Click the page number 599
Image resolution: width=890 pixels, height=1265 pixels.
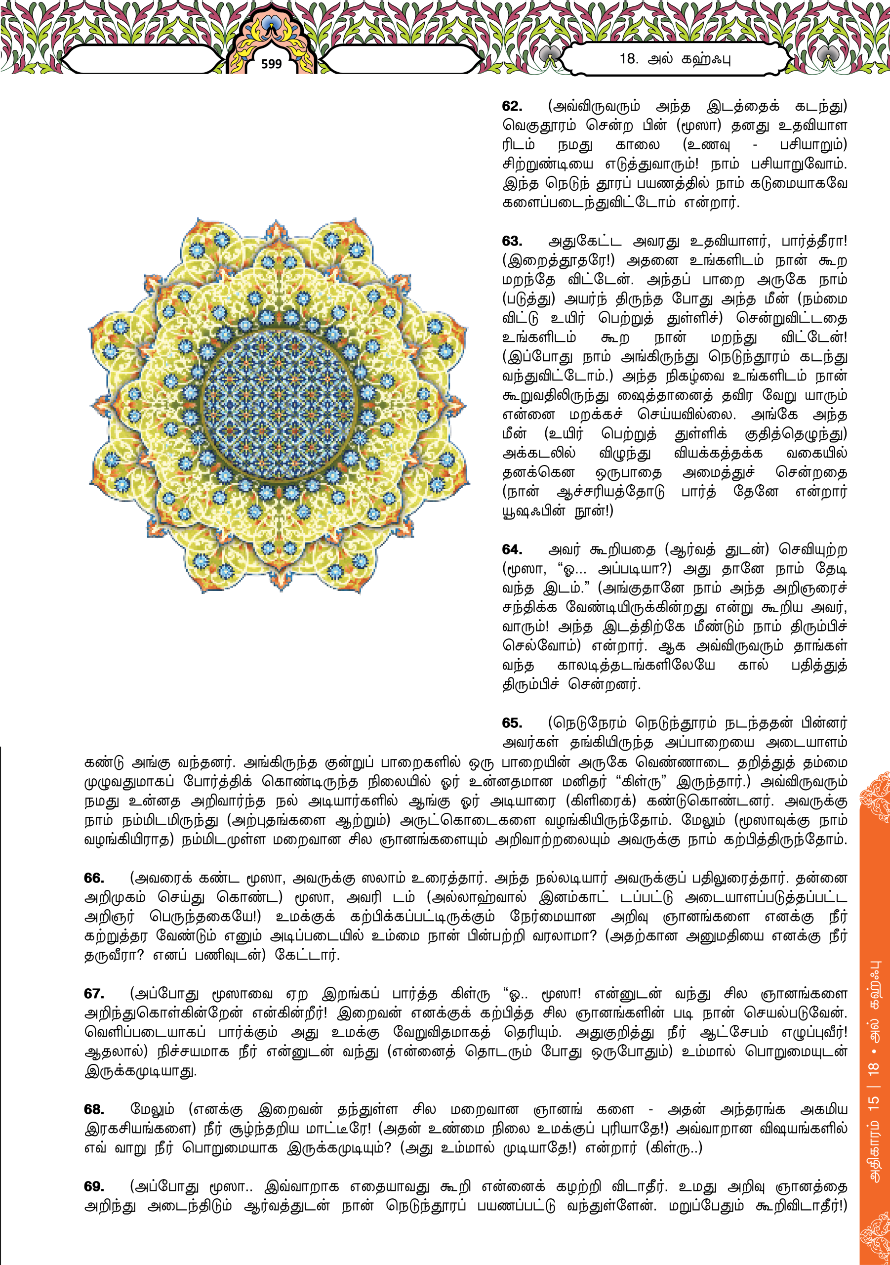[x=271, y=64]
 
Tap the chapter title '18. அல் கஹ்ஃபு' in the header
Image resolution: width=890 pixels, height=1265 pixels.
[x=675, y=58]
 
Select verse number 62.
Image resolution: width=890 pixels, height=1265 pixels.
[x=512, y=106]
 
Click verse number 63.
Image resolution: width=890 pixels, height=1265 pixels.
[x=512, y=241]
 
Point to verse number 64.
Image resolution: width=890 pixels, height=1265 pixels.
[x=512, y=549]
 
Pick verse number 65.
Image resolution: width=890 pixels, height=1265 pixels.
[x=512, y=723]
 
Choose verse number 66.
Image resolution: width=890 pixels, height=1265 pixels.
[x=94, y=878]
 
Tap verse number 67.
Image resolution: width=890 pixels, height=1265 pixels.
[x=94, y=993]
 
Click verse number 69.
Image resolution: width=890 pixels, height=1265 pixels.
[x=94, y=1186]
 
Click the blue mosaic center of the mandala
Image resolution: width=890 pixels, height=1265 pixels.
[x=279, y=406]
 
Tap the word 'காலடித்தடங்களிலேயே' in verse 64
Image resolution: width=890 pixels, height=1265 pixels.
[x=636, y=666]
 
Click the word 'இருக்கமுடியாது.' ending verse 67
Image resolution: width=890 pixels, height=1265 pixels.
[x=140, y=1071]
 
